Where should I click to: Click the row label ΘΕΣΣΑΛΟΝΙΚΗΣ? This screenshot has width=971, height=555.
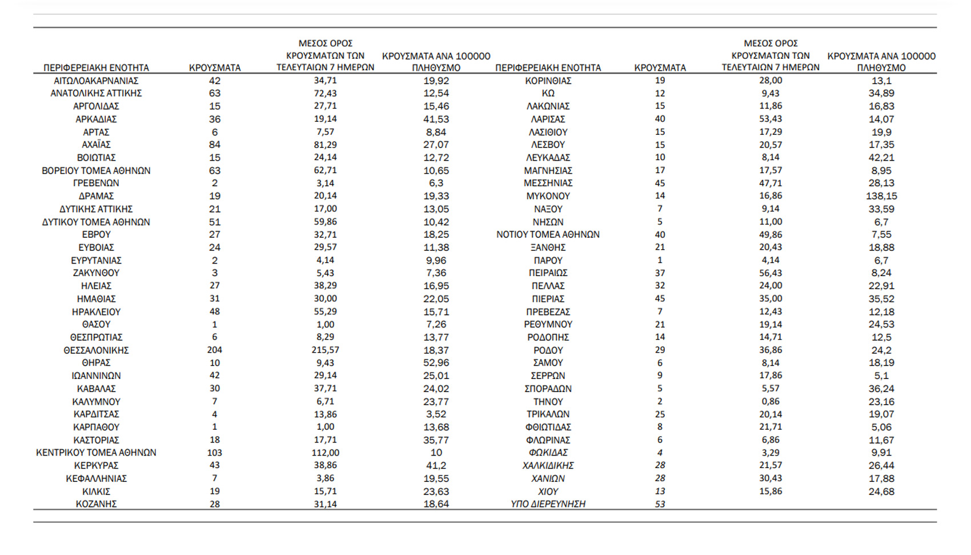pyautogui.click(x=96, y=350)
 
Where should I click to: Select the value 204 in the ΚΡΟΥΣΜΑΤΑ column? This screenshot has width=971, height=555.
pyautogui.click(x=215, y=350)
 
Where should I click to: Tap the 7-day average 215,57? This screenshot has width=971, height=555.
pyautogui.click(x=325, y=350)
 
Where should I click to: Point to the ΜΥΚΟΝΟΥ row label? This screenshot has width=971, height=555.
pyautogui.click(x=548, y=196)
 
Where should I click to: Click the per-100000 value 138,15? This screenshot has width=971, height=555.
pyautogui.click(x=881, y=196)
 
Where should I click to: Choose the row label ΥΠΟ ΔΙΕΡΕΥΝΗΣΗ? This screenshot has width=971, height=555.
pyautogui.click(x=548, y=504)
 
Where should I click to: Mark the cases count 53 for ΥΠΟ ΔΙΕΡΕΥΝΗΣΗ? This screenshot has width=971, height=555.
pyautogui.click(x=660, y=504)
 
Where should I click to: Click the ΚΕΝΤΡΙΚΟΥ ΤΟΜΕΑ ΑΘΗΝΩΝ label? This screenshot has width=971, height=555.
pyautogui.click(x=96, y=453)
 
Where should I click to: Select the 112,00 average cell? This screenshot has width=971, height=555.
pyautogui.click(x=325, y=453)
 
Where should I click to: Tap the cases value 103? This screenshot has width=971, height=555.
pyautogui.click(x=215, y=453)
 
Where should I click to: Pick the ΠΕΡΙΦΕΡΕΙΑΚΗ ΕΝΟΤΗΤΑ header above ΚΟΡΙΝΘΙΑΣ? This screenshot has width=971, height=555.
pyautogui.click(x=548, y=67)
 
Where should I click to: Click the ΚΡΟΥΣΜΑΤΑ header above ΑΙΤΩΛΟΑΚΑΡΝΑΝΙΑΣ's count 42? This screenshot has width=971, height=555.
pyautogui.click(x=215, y=67)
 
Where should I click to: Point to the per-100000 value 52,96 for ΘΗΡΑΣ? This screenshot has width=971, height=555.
pyautogui.click(x=436, y=363)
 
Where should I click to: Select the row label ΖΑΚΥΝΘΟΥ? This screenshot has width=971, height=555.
pyautogui.click(x=96, y=273)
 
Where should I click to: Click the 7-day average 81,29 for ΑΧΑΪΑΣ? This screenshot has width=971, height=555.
pyautogui.click(x=325, y=145)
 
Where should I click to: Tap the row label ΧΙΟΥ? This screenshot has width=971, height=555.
pyautogui.click(x=548, y=492)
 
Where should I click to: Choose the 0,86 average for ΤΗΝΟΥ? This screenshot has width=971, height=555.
pyautogui.click(x=771, y=401)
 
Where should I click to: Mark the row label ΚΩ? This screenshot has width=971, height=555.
pyautogui.click(x=548, y=93)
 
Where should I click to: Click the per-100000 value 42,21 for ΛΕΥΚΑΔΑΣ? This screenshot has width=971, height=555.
pyautogui.click(x=881, y=158)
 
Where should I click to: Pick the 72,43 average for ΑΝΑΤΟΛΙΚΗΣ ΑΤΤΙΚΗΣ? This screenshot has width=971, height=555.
pyautogui.click(x=325, y=93)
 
